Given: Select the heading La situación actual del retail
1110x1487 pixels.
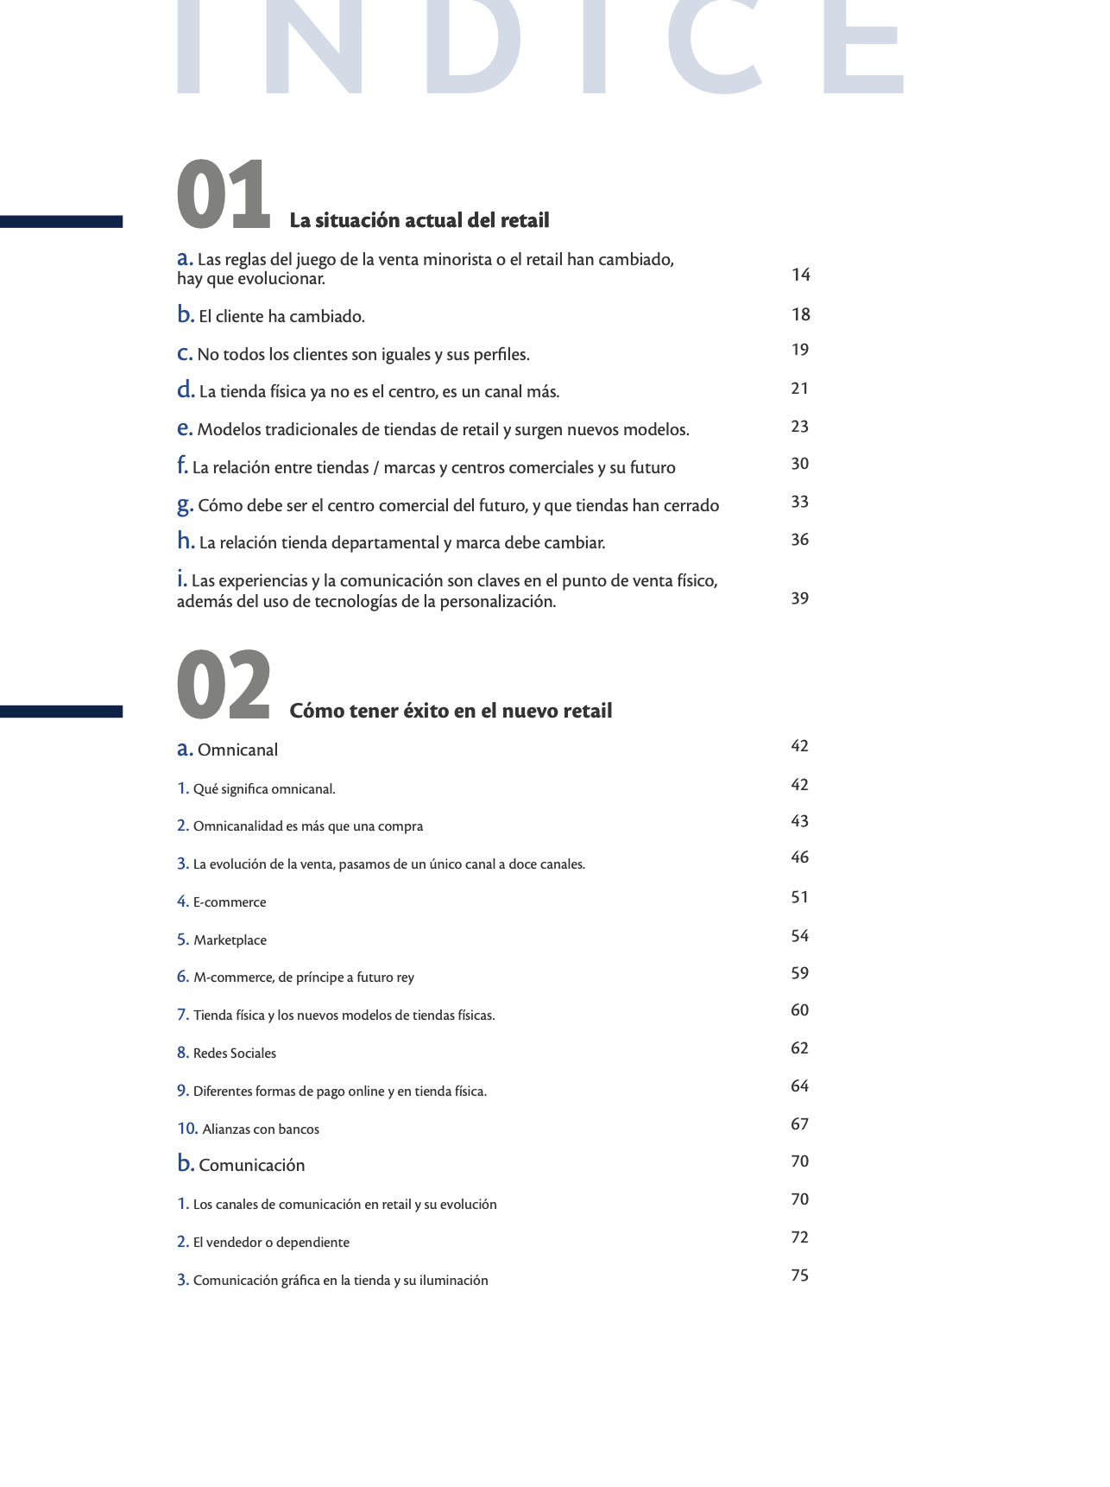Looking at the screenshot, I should point(419,221).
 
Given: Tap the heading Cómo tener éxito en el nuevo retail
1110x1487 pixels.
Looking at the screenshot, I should point(451,712).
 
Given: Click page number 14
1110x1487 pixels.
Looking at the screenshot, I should point(801,275).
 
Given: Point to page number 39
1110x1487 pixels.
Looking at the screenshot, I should point(800,598).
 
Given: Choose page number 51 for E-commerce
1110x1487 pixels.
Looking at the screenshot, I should point(800,897).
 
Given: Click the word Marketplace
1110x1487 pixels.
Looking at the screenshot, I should point(230,940).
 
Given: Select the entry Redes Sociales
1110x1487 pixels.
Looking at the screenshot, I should point(235,1054).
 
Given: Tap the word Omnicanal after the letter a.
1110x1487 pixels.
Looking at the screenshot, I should point(237,750).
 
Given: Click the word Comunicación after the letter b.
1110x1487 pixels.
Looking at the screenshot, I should point(251,1166).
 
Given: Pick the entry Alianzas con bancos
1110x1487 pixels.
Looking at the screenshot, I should point(261,1129).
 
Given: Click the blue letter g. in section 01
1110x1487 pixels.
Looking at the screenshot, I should point(185,505).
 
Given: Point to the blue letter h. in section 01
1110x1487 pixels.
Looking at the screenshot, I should point(186,541).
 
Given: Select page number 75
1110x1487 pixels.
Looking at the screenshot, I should point(800,1275).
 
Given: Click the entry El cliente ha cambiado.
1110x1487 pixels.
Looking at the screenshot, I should point(281,317).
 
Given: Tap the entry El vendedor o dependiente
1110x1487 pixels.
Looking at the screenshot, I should point(271,1243).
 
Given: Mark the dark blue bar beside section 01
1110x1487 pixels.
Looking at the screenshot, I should point(61,222).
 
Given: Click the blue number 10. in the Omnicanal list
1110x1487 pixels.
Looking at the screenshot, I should point(187,1129).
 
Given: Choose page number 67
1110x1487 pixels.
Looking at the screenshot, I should point(800,1124).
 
